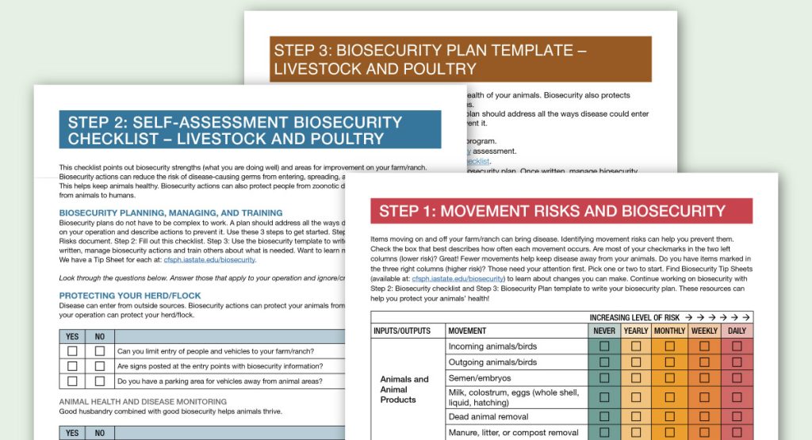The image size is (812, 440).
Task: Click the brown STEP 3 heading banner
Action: coord(460,59)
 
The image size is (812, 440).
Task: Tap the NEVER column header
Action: coord(603,331)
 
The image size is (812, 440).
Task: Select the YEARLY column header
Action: coord(636,331)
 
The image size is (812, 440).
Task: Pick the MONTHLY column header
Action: coord(670,331)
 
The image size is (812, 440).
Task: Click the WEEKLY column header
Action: coord(704,331)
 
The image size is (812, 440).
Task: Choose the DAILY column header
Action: coord(737,331)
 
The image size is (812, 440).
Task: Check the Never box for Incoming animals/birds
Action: coord(603,346)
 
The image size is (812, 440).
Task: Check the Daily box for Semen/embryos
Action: coord(737,378)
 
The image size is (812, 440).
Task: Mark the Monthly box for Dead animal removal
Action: coord(670,416)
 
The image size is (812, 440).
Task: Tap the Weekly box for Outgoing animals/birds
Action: coord(704,362)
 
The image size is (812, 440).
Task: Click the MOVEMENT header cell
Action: coord(467,331)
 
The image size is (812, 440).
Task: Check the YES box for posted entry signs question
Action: coord(73,366)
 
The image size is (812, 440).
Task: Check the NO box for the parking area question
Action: coord(100,381)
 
